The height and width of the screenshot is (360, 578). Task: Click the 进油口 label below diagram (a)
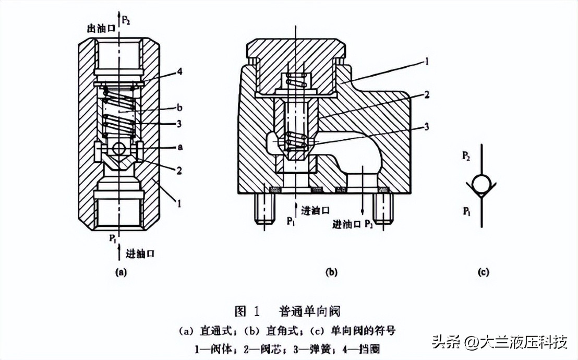click(140, 254)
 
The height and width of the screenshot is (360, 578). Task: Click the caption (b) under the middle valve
click(331, 272)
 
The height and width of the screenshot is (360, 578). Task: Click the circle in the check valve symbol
click(481, 184)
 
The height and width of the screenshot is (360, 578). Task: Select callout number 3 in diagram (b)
click(427, 127)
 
